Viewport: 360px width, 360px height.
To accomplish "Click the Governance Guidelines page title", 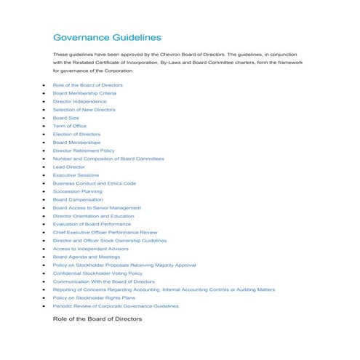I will [x=107, y=37].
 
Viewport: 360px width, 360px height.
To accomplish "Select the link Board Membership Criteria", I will [x=84, y=93].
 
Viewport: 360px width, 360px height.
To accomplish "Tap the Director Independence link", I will [x=79, y=101].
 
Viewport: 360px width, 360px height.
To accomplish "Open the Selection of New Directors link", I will [x=84, y=109].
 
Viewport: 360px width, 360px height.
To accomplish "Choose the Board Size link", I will [x=65, y=118].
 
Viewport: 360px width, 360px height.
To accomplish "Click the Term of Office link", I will [x=69, y=126].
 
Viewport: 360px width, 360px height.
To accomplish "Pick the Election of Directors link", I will [x=76, y=134].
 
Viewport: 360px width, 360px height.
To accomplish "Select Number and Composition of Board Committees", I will [x=108, y=159].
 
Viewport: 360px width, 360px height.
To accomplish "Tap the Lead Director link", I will [x=68, y=167].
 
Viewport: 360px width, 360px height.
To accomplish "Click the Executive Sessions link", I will [x=75, y=175].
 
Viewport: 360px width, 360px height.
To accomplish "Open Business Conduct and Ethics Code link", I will [x=94, y=183].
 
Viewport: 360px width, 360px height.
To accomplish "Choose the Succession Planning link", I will [x=77, y=191].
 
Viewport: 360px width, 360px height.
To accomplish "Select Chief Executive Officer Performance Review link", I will [x=105, y=232].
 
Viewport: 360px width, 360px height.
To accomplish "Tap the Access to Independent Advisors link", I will [x=90, y=249].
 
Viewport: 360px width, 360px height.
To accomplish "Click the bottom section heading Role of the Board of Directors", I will [x=97, y=319].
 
